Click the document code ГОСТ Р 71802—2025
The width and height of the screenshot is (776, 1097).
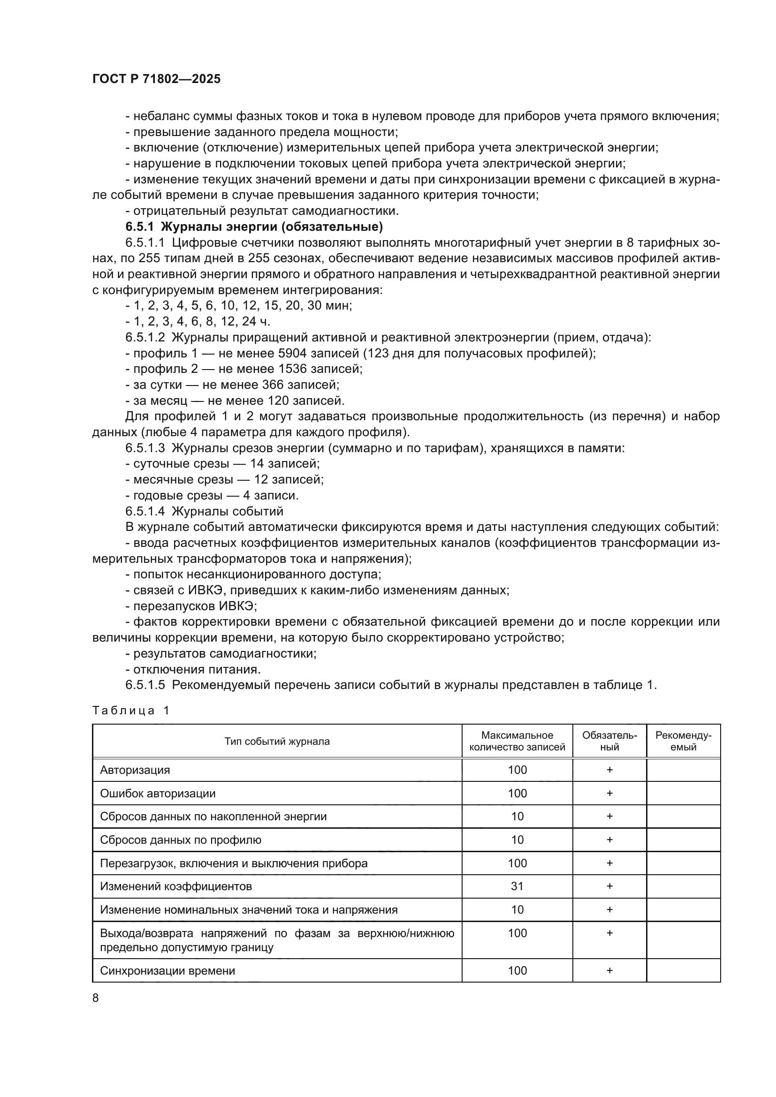(x=156, y=79)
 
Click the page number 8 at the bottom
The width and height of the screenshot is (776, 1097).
(x=96, y=998)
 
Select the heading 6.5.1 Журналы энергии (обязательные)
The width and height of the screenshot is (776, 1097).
(x=254, y=227)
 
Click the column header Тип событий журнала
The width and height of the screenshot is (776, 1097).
(x=277, y=741)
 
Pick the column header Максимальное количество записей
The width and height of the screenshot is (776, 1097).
(x=517, y=741)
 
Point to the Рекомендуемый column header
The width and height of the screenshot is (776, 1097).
(x=683, y=741)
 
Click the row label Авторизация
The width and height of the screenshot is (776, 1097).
(x=135, y=770)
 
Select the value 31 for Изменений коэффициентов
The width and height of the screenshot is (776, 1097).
(x=517, y=886)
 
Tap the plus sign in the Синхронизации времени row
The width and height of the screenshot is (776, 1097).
(x=609, y=970)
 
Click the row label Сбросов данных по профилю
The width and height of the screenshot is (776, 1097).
(x=181, y=840)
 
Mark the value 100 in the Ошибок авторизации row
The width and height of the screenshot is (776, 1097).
(x=517, y=794)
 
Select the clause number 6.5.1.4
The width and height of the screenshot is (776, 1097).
(x=145, y=511)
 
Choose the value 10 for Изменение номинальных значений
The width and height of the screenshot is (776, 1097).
(x=517, y=910)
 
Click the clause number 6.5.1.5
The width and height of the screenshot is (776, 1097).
(x=145, y=685)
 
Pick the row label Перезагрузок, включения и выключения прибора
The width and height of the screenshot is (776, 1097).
(x=234, y=863)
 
